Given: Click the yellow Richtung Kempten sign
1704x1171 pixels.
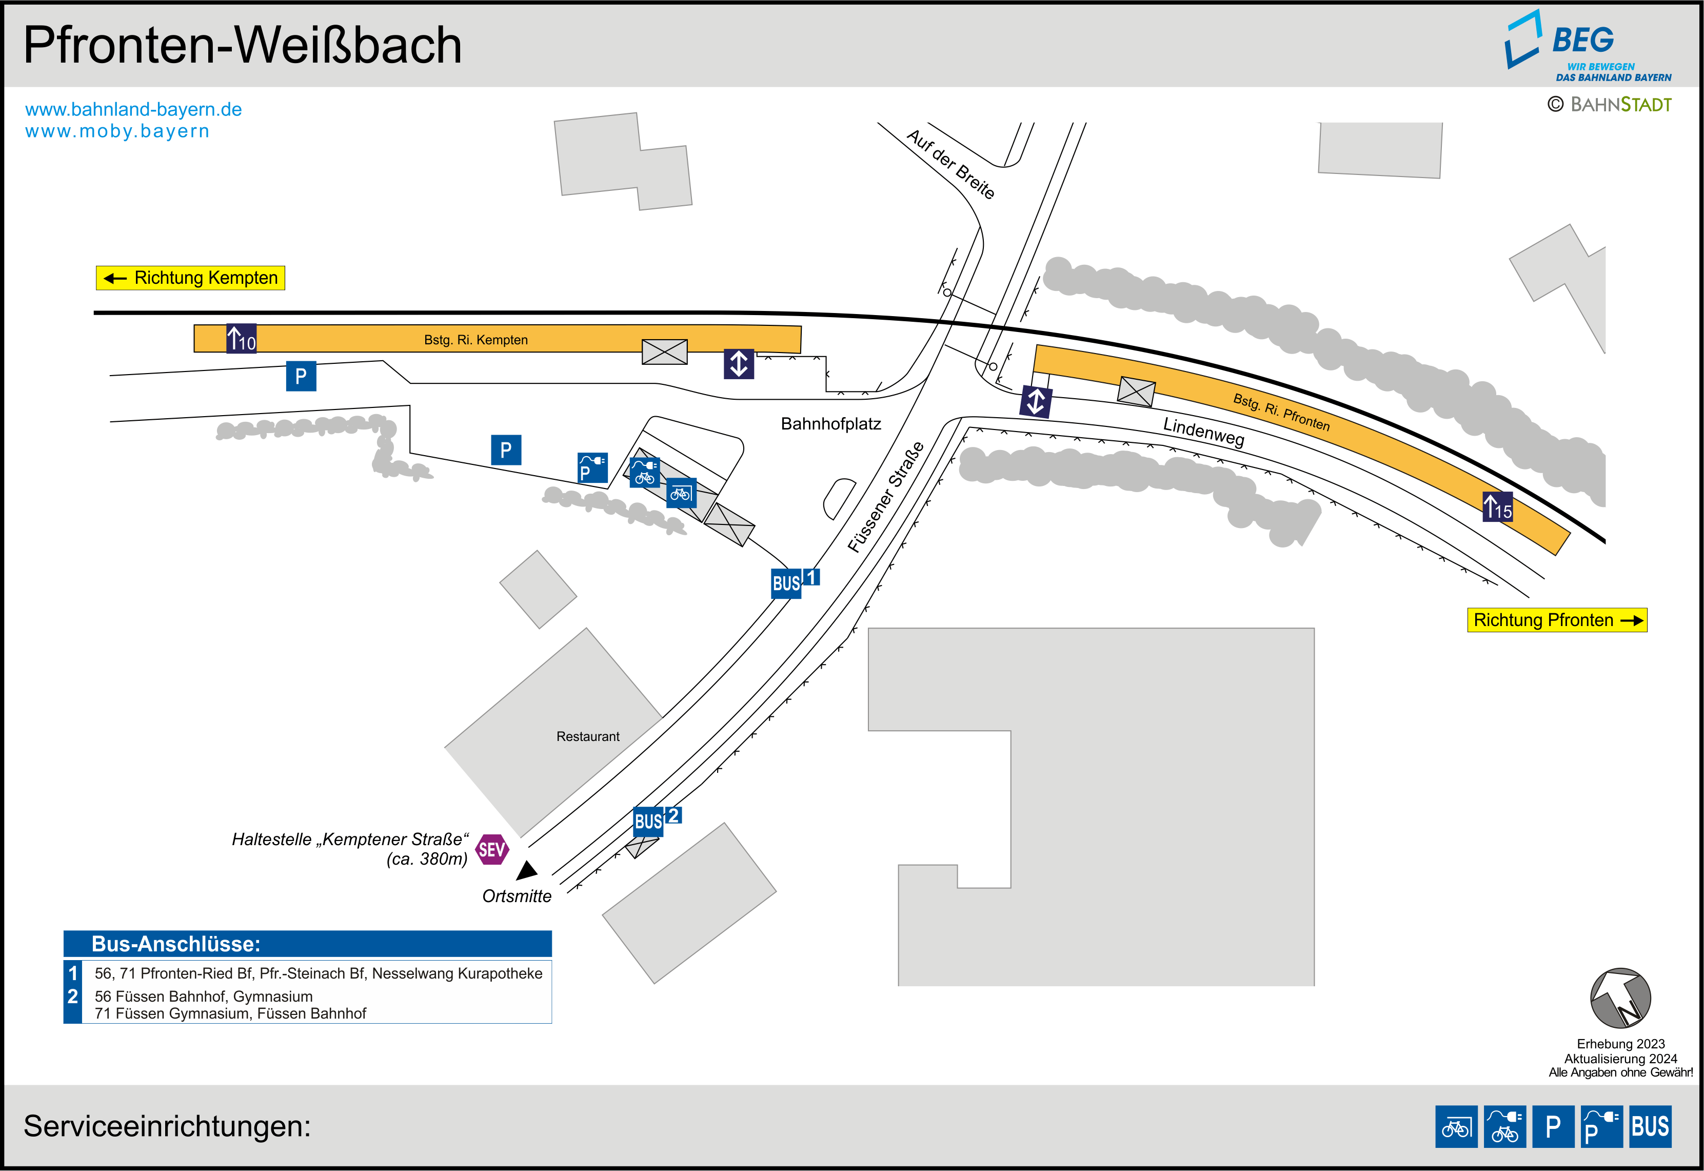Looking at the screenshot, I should click(x=191, y=278).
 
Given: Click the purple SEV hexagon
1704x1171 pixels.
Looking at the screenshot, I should click(x=491, y=850).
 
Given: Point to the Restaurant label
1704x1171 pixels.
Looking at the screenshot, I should click(x=587, y=736).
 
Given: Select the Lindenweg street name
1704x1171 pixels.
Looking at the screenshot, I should click(x=1203, y=432).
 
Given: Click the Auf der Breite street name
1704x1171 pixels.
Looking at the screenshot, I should click(x=950, y=164).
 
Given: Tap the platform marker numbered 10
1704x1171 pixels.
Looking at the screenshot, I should click(x=241, y=338).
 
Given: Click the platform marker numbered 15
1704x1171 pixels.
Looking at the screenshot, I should click(x=1497, y=507).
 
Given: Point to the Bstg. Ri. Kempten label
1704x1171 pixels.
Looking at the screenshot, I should click(x=476, y=340).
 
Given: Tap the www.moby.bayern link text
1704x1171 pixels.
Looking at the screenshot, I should click(x=117, y=131).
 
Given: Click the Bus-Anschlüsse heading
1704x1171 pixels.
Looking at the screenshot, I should click(x=176, y=944).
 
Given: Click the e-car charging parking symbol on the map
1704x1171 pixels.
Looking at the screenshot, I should click(x=592, y=467).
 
